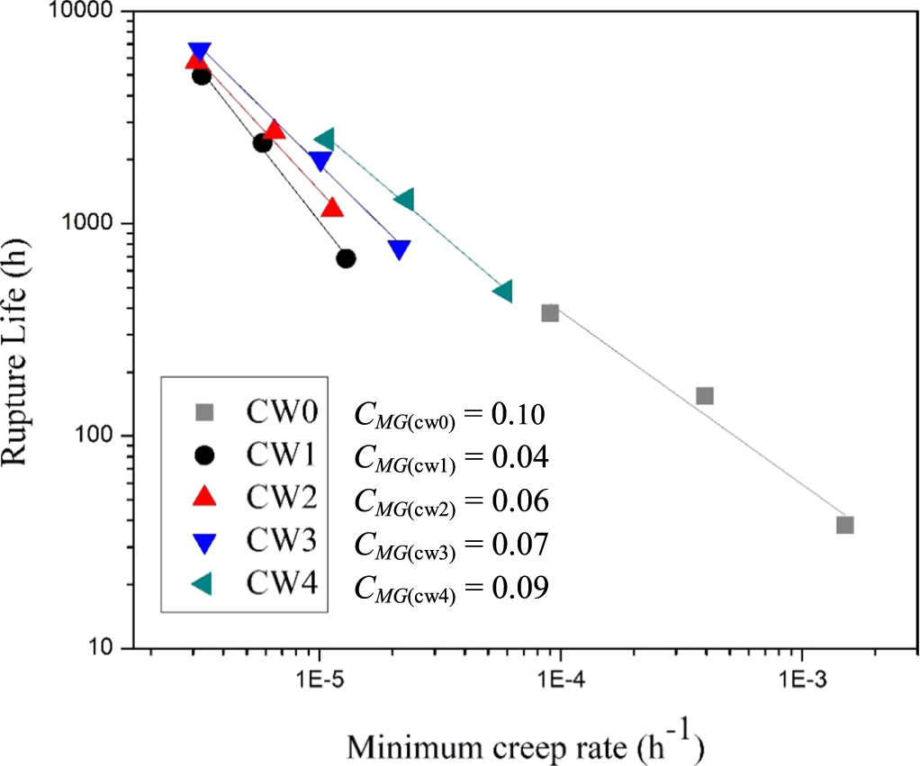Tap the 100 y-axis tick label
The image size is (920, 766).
click(95, 437)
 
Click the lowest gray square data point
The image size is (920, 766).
click(844, 525)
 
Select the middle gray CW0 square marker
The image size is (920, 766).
click(705, 396)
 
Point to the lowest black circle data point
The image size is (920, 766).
click(346, 258)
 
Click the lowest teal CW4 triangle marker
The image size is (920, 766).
click(502, 291)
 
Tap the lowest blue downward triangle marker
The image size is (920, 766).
click(400, 249)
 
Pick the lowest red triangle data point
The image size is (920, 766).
click(332, 208)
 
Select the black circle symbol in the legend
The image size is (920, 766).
click(205, 455)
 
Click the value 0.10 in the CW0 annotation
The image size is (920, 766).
click(519, 415)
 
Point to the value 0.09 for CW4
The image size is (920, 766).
click(519, 588)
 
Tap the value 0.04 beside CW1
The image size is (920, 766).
click(519, 458)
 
